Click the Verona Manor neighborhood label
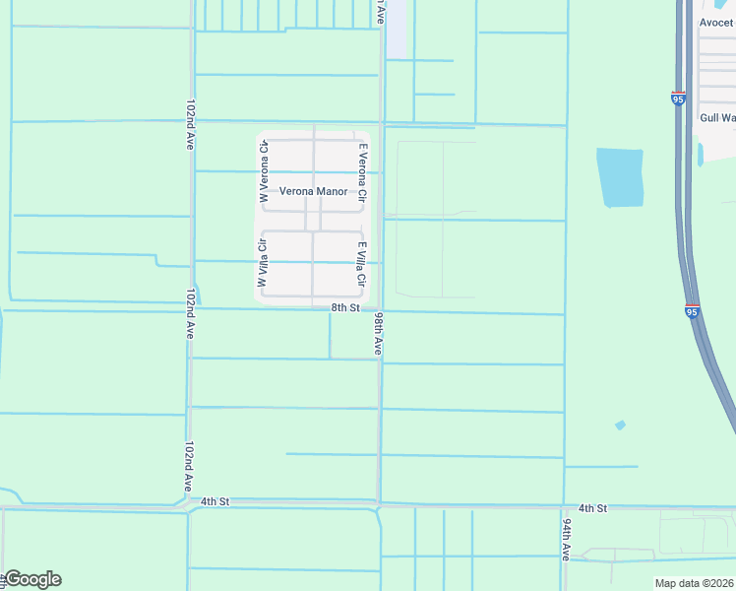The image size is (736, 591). click(x=313, y=191)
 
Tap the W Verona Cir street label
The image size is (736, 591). click(x=264, y=173)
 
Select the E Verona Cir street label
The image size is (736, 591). click(x=362, y=173)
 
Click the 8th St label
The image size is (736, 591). click(x=344, y=308)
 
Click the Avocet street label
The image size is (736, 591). click(x=716, y=23)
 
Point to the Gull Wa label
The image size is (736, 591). click(x=716, y=117)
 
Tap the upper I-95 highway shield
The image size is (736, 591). click(x=679, y=98)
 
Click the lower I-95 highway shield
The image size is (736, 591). click(x=692, y=311)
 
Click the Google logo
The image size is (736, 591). click(x=32, y=579)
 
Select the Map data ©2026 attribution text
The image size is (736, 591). click(x=694, y=583)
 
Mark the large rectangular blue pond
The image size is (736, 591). click(x=620, y=177)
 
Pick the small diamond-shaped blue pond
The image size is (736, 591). click(x=619, y=426)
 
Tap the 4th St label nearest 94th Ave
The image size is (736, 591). click(x=592, y=508)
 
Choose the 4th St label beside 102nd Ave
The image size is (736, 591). click(x=215, y=501)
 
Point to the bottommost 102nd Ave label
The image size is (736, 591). click(x=188, y=466)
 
